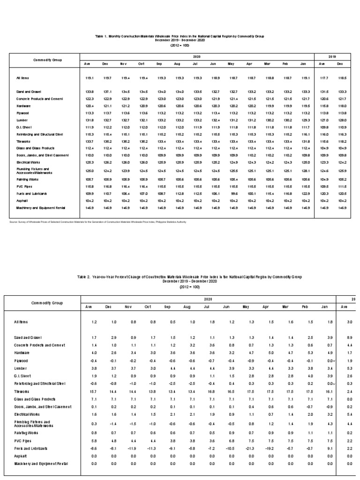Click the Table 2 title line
189,277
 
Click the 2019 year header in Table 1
332,56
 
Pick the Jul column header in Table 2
207,307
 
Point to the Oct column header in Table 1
141,64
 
